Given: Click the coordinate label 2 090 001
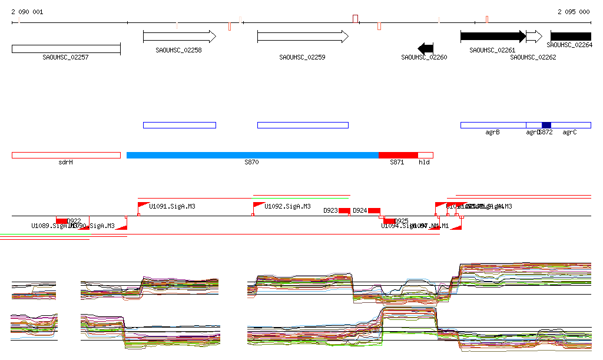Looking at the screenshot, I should tap(27, 12).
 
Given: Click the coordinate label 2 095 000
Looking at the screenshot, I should tap(574, 12).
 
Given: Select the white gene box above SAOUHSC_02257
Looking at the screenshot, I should tap(66, 48).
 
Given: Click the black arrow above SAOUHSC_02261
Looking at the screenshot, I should tap(492, 37).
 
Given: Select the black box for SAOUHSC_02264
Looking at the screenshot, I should tap(571, 37).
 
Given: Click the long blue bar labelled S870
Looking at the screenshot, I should tap(252, 155).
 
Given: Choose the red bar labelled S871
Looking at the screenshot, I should tap(398, 155).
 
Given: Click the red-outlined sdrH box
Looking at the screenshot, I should tap(66, 155).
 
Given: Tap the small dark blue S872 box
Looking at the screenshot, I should tap(546, 125).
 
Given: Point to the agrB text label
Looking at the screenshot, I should tap(492, 133).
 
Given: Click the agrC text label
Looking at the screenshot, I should tap(569, 133).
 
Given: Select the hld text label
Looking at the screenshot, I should tap(424, 162).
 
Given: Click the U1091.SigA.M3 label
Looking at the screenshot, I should tap(172, 207).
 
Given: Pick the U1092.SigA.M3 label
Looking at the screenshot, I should tap(287, 207).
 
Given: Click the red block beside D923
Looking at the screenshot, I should tap(344, 210).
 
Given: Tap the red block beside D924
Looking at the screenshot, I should tap(374, 210).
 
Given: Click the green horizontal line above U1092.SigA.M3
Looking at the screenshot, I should tap(301, 196).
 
